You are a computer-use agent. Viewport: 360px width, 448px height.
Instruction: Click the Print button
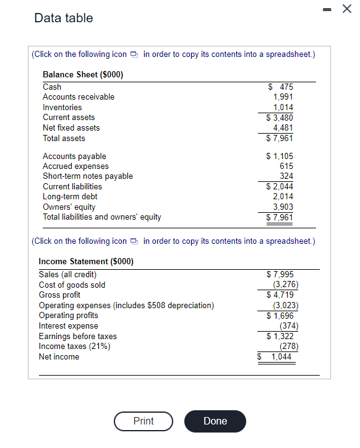[144, 421]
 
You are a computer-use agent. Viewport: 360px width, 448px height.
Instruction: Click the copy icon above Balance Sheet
[135, 54]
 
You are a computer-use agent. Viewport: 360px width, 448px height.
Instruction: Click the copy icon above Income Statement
[135, 241]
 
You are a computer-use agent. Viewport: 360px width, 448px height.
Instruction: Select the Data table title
[64, 18]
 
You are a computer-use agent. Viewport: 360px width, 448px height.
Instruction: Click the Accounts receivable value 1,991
[283, 97]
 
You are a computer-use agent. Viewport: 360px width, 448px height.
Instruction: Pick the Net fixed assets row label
[71, 127]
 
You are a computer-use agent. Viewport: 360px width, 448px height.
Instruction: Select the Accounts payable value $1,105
[280, 157]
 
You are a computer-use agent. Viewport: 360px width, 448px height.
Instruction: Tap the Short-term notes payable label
[88, 176]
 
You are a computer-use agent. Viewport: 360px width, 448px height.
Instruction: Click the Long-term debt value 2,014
[283, 197]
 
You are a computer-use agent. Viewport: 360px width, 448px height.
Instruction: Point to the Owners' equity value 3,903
[283, 207]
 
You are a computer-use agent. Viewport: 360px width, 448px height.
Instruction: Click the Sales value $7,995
[280, 275]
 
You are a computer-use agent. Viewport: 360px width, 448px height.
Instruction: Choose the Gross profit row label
[59, 295]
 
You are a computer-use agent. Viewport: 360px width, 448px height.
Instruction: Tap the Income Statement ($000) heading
[86, 262]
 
